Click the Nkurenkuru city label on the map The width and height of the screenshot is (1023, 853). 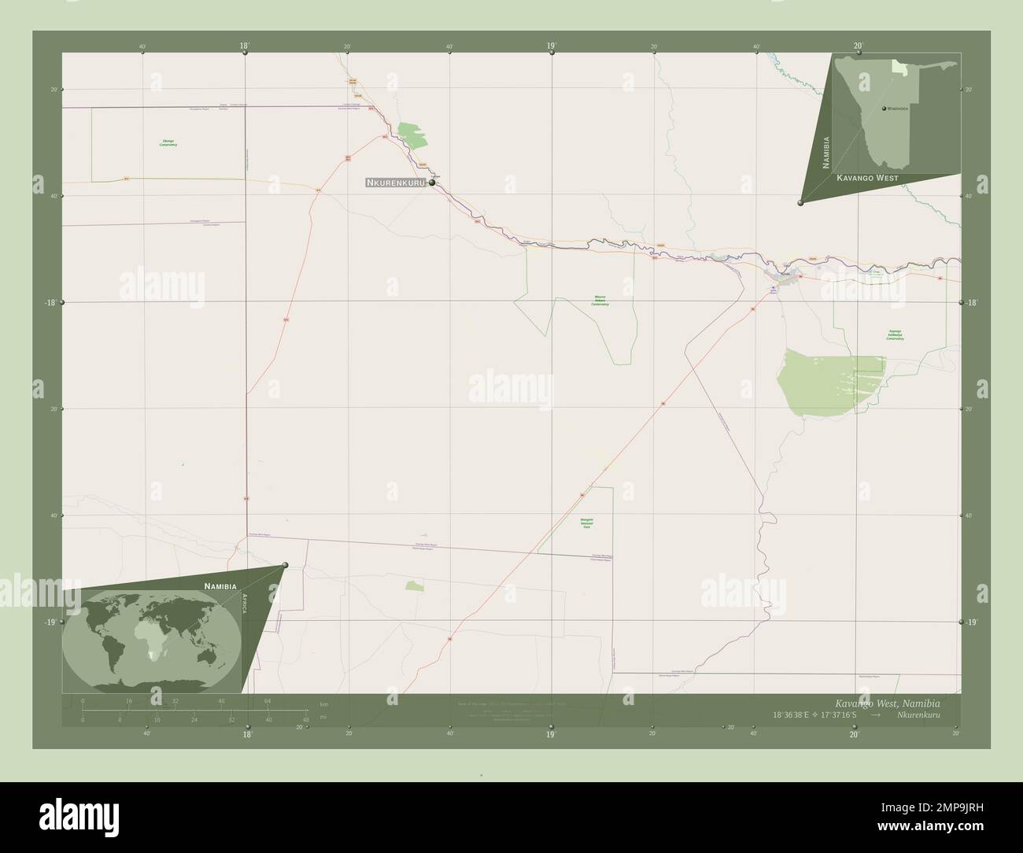pos(396,183)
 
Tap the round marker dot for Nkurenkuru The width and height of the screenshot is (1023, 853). pos(432,182)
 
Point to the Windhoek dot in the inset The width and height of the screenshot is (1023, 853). pos(885,108)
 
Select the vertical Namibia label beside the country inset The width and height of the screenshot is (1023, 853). pos(825,153)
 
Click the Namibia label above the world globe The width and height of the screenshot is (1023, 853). pos(220,586)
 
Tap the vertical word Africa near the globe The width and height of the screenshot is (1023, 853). pos(246,607)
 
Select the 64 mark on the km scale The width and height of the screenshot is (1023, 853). pos(268,701)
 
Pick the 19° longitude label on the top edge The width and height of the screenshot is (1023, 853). pos(552,46)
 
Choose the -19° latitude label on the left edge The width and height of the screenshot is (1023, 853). pos(50,622)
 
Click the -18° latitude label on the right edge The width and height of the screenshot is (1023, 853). pos(971,302)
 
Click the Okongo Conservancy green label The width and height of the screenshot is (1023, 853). pos(168,143)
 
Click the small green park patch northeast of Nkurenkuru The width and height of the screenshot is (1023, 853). pos(414,137)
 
